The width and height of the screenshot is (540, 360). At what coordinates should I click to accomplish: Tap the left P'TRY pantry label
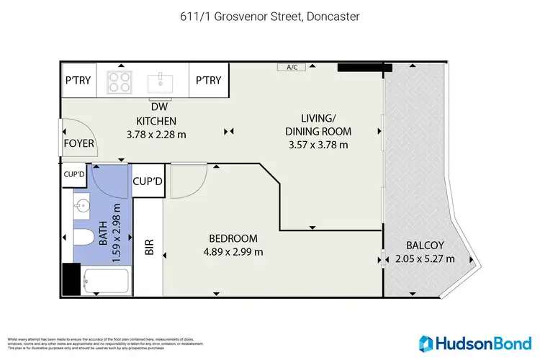coord(77,81)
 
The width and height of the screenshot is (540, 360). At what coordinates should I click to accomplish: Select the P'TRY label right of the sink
coord(209,81)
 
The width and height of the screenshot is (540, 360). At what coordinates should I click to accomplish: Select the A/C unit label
coord(292,68)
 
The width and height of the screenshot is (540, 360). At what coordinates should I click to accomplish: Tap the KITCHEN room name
coord(156,120)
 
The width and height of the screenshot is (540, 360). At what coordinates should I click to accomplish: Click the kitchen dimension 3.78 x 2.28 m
coord(156,134)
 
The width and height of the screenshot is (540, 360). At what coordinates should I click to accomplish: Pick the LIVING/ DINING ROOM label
coord(318,125)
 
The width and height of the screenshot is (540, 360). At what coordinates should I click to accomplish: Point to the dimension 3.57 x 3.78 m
coord(318,144)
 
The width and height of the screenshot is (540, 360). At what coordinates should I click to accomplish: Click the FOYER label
coord(79,143)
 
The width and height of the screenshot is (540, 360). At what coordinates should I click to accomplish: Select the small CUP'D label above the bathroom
coord(74,174)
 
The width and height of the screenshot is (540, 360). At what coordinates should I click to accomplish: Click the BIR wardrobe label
coord(150,248)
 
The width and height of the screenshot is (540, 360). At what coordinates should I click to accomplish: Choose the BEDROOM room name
coord(233,238)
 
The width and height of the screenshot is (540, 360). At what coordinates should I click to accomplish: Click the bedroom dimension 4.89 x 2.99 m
coord(233,252)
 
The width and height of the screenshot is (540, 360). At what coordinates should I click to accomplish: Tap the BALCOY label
coord(420,245)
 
